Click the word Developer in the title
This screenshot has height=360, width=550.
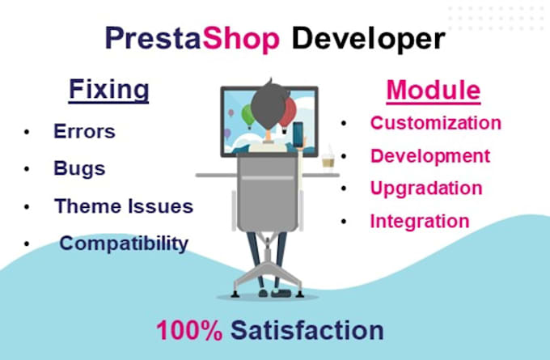[368, 37]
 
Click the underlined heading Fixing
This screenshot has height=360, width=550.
[108, 89]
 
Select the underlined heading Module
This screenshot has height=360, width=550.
[433, 90]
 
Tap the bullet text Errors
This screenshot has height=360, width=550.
[84, 131]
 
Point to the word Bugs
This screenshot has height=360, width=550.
[79, 168]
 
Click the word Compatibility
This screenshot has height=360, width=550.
[124, 243]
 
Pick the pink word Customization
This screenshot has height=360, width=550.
[436, 124]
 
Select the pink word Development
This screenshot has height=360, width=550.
[430, 156]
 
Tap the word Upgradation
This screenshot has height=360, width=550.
[426, 188]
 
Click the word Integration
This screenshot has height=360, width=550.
[419, 220]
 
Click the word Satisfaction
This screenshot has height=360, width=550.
[307, 330]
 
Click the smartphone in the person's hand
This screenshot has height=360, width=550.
[297, 133]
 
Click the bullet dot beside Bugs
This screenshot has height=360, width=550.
[28, 169]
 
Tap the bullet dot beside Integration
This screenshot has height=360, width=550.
[344, 221]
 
